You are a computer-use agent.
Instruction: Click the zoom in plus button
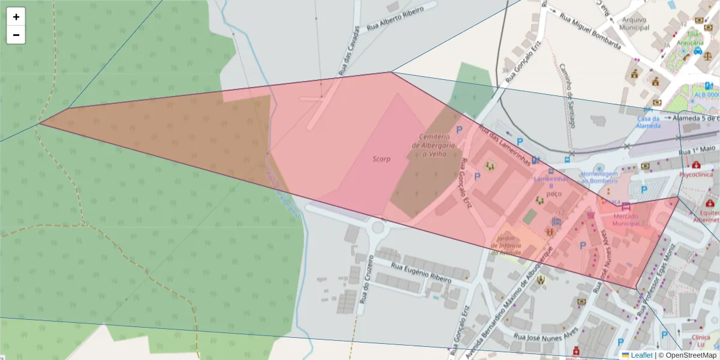point(16,17)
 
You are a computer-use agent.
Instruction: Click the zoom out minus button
point(16,35)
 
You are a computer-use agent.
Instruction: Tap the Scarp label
point(382,159)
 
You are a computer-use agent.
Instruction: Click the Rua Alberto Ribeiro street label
point(395,19)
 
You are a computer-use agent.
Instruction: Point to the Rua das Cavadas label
point(350,50)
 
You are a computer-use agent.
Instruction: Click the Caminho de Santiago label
point(567,96)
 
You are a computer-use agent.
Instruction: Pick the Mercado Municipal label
point(626,220)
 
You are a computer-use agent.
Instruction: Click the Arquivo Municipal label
point(634,23)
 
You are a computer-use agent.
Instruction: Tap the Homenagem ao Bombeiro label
point(598,177)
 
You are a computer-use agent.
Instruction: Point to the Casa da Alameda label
point(649,122)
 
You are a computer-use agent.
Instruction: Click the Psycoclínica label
point(696,175)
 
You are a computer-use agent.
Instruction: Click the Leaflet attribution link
point(641,355)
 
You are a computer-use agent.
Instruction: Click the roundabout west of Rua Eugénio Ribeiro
point(379,227)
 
